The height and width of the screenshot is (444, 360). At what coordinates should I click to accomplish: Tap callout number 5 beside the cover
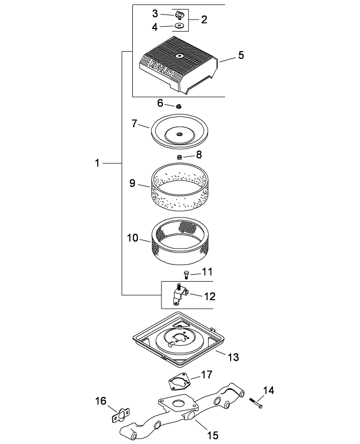(x=241, y=55)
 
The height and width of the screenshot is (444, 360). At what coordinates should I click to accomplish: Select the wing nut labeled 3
(x=178, y=13)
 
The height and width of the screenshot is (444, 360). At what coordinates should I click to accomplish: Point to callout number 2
(x=204, y=20)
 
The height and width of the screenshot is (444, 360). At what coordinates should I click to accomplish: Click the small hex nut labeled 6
(x=178, y=106)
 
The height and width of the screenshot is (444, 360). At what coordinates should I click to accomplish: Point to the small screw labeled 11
(x=187, y=274)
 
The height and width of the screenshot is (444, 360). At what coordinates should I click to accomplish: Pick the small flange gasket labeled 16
(x=119, y=415)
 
